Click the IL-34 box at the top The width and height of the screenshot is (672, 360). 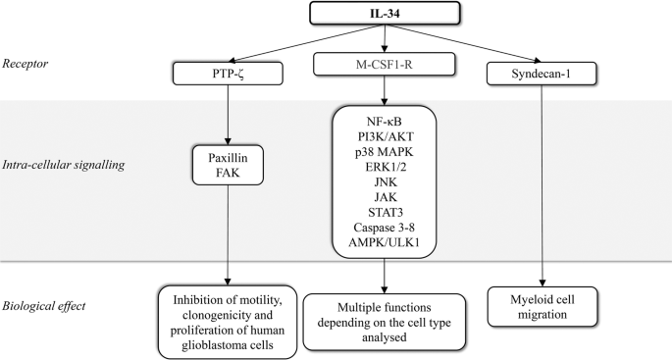tap(385, 14)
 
